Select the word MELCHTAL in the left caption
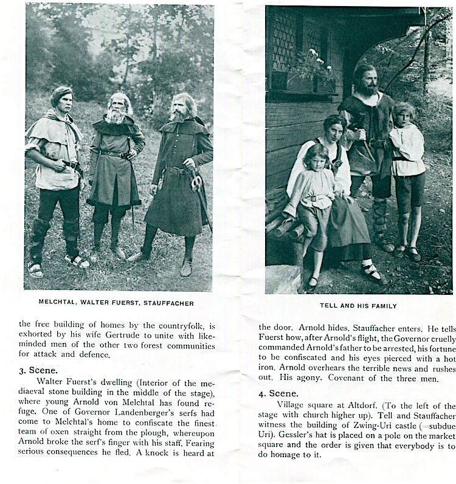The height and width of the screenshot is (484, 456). click(58, 302)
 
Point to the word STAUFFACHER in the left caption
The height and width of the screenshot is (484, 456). click(168, 302)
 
